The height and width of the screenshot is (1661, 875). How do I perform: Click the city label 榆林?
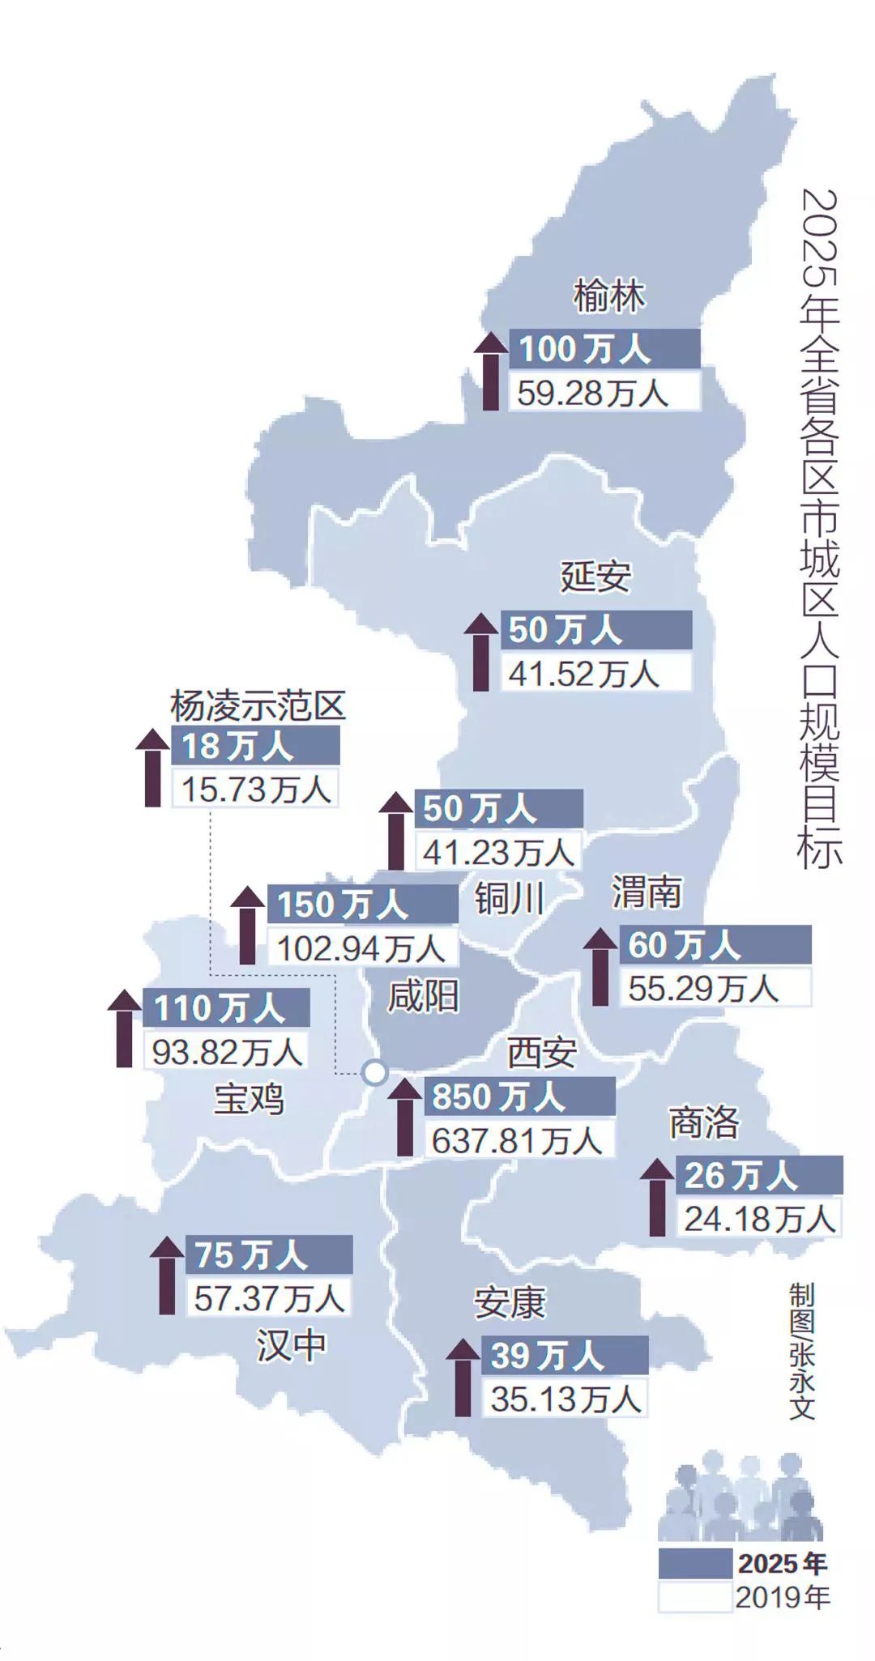(x=609, y=296)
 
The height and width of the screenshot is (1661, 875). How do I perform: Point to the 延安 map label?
(x=595, y=577)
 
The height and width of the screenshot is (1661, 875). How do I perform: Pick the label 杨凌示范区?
(x=258, y=706)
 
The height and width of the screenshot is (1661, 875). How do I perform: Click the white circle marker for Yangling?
(x=374, y=1072)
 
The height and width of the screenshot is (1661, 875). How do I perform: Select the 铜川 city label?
(x=509, y=898)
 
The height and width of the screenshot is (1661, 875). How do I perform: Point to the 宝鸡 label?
(x=249, y=1100)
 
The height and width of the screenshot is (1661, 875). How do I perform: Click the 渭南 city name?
(x=646, y=892)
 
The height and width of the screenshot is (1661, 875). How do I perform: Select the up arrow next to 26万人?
(x=657, y=1197)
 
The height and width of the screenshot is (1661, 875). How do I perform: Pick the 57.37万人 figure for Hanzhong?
(x=270, y=1299)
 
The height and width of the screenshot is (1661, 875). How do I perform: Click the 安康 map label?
(x=510, y=1303)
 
